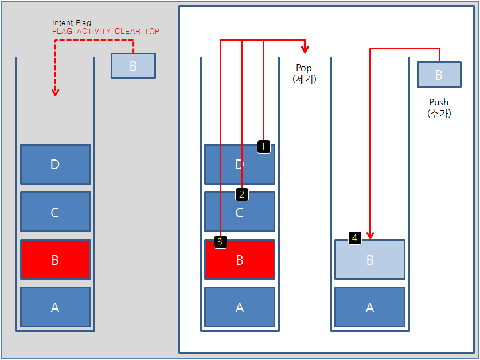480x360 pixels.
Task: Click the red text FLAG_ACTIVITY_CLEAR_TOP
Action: [x=106, y=32]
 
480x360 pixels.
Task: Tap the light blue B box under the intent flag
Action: [x=133, y=66]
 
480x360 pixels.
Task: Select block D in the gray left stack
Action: [x=56, y=165]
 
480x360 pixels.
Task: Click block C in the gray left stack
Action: [x=56, y=212]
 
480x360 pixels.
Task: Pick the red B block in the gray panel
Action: [x=56, y=260]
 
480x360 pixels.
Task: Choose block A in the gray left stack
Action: [x=56, y=307]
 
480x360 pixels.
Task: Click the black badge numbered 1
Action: [x=263, y=147]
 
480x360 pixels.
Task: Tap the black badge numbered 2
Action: [x=242, y=194]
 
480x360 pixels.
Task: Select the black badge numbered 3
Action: [x=221, y=242]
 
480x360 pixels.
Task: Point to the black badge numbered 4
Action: [x=355, y=237]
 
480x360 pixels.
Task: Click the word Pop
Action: [x=304, y=68]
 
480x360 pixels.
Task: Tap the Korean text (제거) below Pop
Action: [x=304, y=79]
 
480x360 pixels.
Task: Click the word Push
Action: [x=439, y=102]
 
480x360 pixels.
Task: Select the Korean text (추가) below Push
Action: [x=439, y=113]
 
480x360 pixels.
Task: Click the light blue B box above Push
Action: [x=439, y=75]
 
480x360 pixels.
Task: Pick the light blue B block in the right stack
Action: [x=370, y=260]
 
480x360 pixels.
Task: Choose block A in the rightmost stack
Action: [x=370, y=307]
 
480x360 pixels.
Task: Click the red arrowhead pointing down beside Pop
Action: [x=305, y=49]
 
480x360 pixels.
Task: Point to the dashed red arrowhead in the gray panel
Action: [x=55, y=92]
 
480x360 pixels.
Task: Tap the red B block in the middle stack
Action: [x=240, y=260]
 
